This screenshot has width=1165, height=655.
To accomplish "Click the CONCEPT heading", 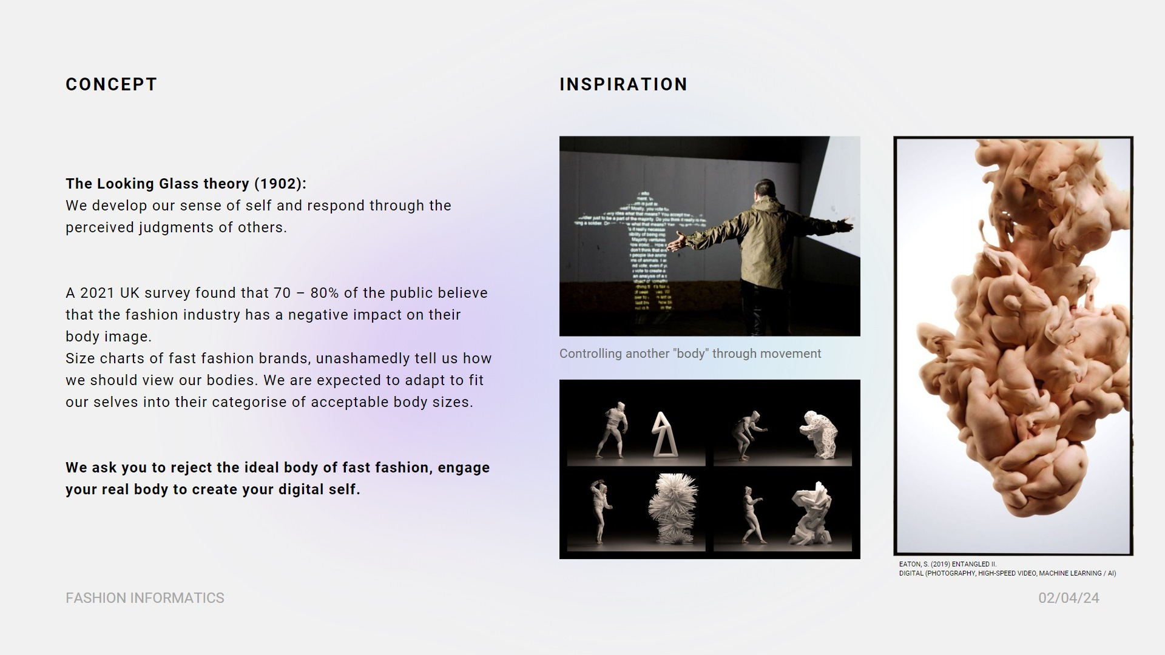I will pos(112,84).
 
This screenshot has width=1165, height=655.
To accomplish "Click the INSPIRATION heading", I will pos(623,84).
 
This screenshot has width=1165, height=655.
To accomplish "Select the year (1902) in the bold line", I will pos(280,184).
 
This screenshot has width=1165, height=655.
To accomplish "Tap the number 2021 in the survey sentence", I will pos(98,293).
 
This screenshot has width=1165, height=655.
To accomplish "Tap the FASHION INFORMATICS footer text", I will pos(144,598).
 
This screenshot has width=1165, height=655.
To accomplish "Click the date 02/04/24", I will pos(1069,598).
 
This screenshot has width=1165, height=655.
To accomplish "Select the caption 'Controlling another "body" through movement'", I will pos(690,354).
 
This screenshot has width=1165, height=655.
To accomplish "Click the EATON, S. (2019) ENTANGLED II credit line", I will pos(948,564).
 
